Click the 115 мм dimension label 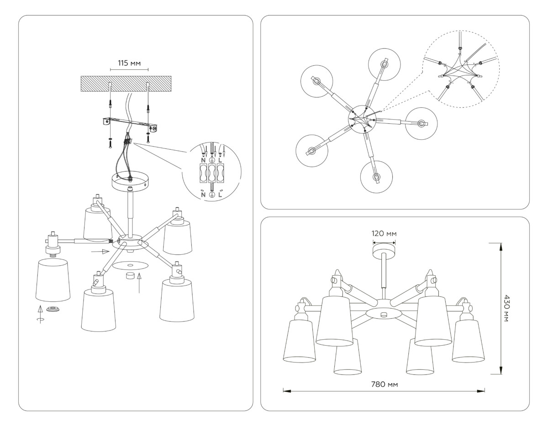coord(129,63)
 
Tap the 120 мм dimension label coord(384,233)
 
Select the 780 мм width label coord(384,384)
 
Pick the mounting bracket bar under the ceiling coord(130,123)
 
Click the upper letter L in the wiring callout coord(221,160)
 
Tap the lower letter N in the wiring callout coord(203,195)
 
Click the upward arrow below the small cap coord(140,282)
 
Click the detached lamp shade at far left coord(53,279)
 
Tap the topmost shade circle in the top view coord(385,65)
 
